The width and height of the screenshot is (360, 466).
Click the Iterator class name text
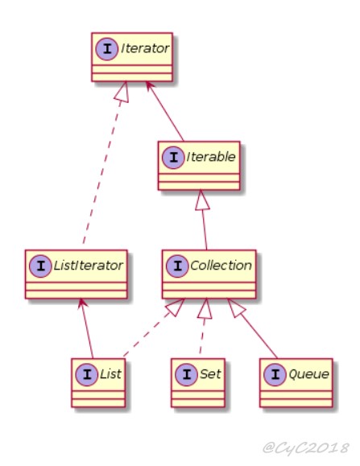[x=145, y=48]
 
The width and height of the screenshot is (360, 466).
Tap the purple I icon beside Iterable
[x=173, y=158]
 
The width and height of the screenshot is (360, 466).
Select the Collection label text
[x=221, y=266]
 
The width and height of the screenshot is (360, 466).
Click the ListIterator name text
[x=88, y=266]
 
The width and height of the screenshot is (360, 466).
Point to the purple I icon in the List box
[x=87, y=374]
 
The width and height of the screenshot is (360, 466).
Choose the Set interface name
[x=210, y=374]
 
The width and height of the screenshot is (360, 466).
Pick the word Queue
[x=308, y=374]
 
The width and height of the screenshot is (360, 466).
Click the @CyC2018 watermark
[x=306, y=447]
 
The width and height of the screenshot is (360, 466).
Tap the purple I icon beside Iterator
[x=107, y=49]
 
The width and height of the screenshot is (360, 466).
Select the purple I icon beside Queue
[x=275, y=374]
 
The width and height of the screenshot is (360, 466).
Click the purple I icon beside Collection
[x=177, y=266]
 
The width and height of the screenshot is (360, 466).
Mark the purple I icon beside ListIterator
[x=40, y=266]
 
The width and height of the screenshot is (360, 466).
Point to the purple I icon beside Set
[x=186, y=374]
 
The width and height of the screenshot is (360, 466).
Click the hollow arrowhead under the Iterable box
[x=201, y=200]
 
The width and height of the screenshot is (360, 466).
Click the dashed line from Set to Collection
[x=203, y=326]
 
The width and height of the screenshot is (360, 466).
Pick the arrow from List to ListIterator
[x=86, y=328]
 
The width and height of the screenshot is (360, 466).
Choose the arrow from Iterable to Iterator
[x=165, y=111]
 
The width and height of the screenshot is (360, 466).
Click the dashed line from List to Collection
[x=154, y=328]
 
